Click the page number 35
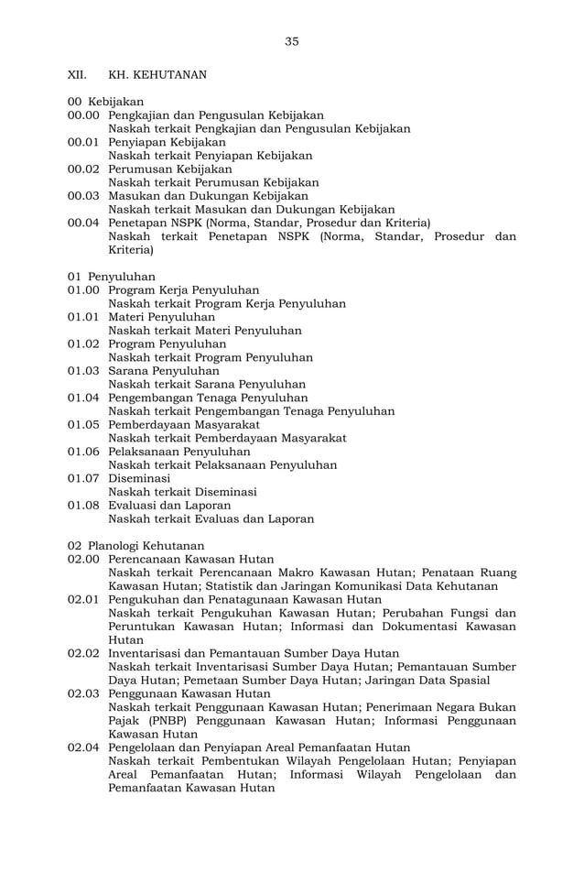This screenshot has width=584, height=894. tap(291, 41)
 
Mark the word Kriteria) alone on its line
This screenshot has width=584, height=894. tap(131, 249)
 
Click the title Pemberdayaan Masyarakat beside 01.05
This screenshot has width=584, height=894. tap(184, 425)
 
